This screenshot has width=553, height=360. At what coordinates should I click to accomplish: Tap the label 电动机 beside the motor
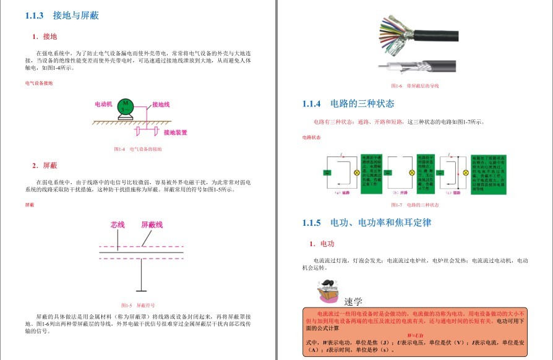click(x=103, y=104)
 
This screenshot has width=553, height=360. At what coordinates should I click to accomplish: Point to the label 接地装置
click(x=175, y=132)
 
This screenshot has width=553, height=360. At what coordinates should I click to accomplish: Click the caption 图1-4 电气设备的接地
click(x=138, y=149)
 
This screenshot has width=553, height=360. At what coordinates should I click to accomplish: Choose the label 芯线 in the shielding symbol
click(x=118, y=225)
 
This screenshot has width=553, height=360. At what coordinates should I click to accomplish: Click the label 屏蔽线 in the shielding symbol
click(x=152, y=225)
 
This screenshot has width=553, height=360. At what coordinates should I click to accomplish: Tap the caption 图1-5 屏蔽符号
click(x=138, y=306)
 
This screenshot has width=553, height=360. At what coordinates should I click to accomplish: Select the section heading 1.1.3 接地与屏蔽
click(x=62, y=15)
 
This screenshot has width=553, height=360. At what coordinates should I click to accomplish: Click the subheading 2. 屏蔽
click(x=45, y=166)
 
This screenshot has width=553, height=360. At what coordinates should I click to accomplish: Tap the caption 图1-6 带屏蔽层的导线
click(x=414, y=85)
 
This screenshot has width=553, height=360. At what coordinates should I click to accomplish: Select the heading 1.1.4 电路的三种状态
click(x=348, y=103)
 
